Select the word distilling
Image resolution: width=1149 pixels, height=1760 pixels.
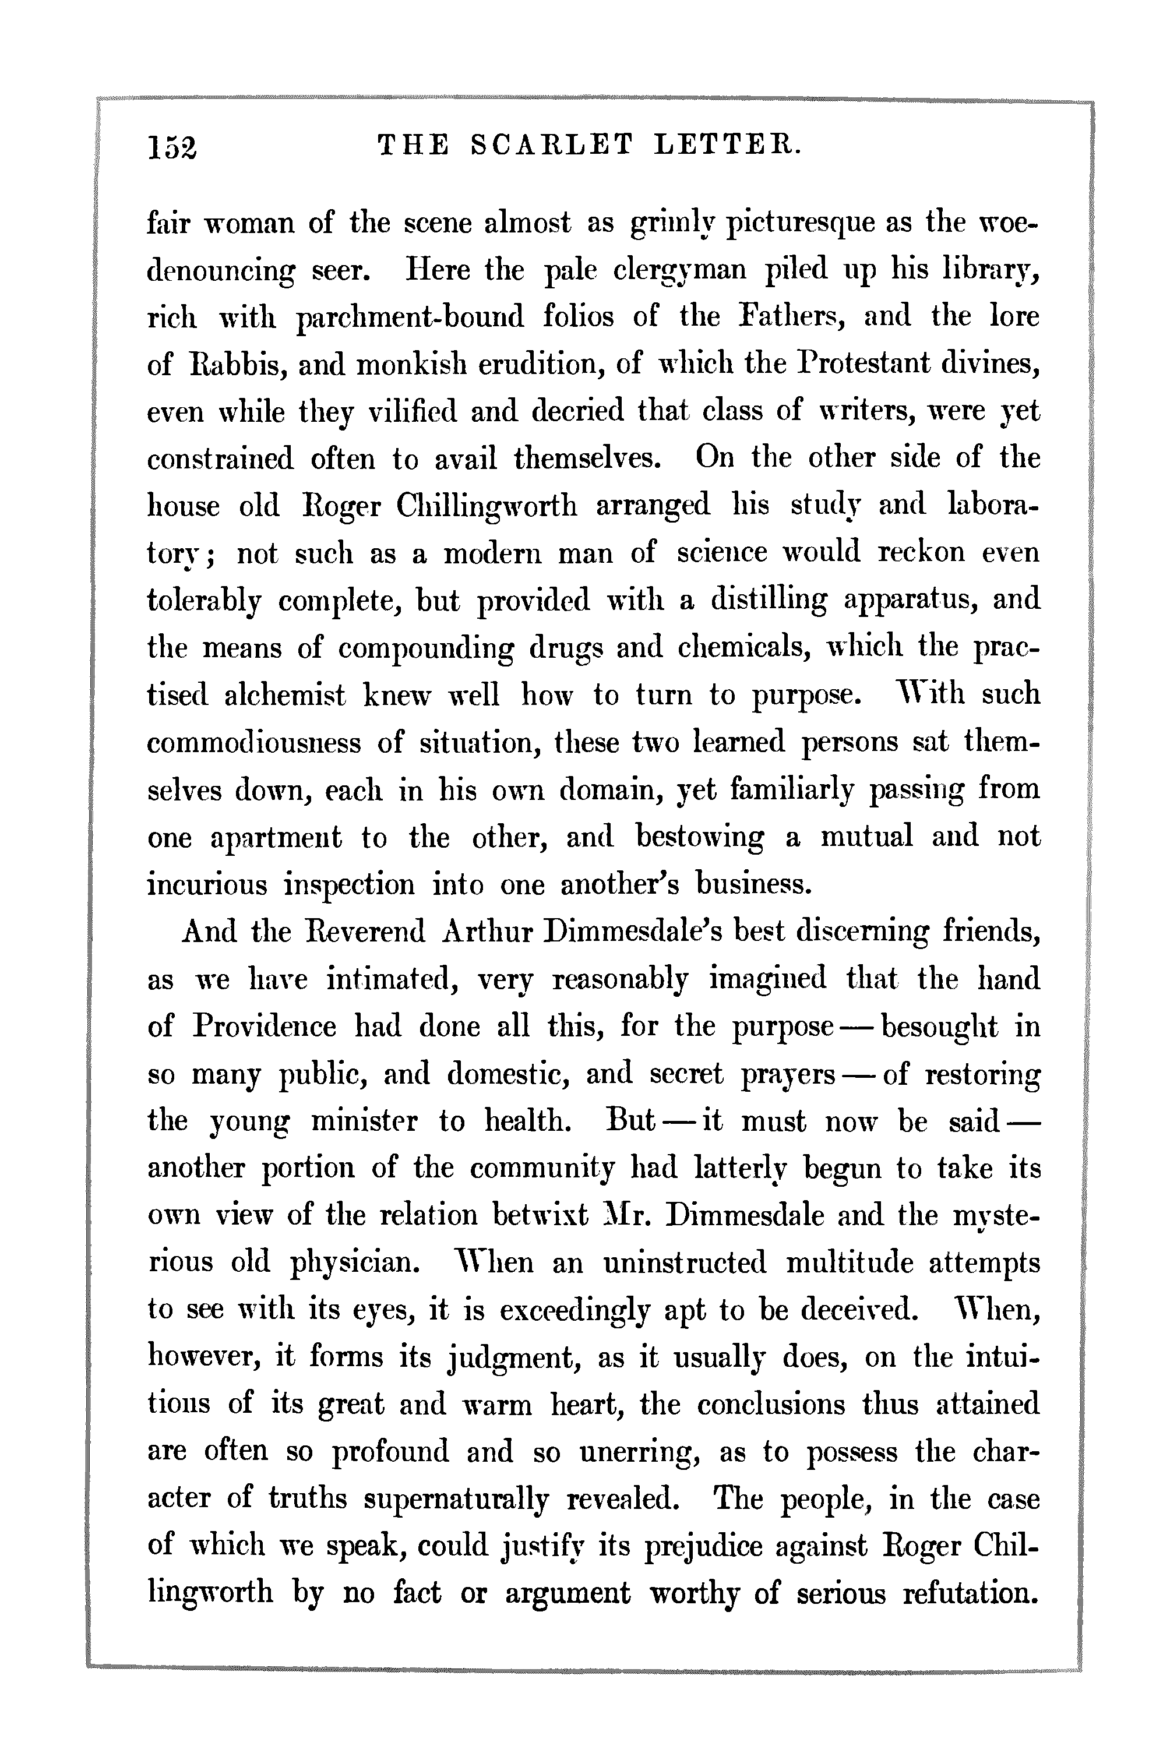click(769, 599)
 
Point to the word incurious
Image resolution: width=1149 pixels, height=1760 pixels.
click(207, 884)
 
